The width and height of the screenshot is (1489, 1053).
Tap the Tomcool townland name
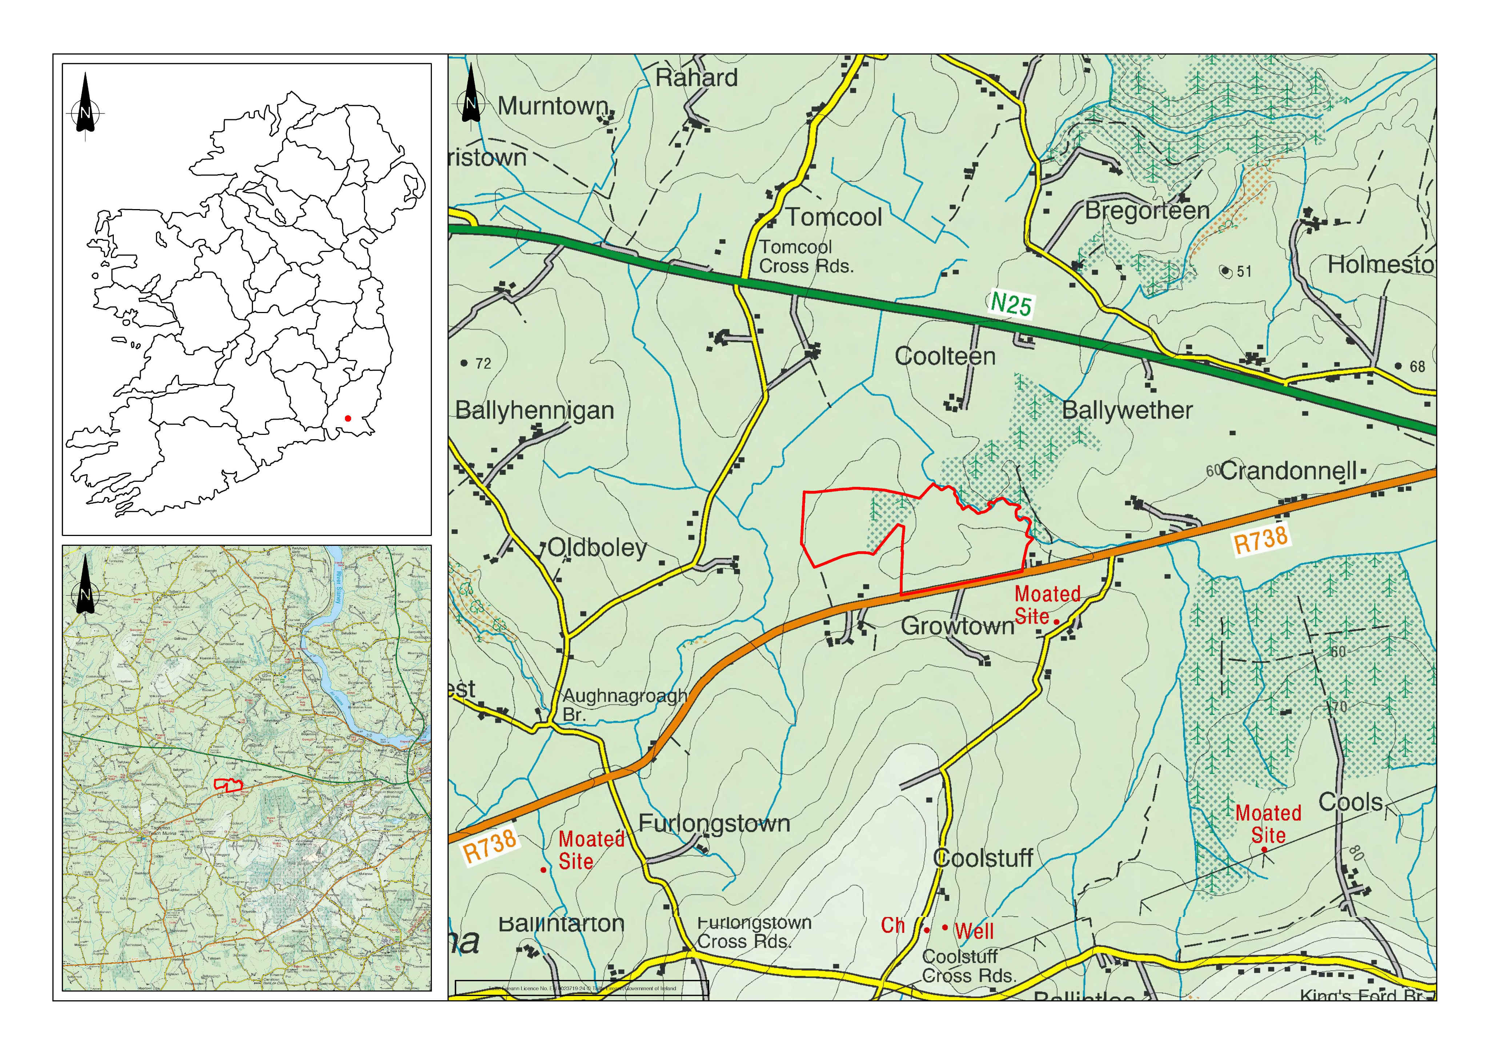coord(834,217)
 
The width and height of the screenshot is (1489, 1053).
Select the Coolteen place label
coord(945,356)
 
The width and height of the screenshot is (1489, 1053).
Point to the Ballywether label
coord(1127,410)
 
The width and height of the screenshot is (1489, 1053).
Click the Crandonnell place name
coord(1288,471)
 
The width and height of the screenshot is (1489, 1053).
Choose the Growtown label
coord(957,626)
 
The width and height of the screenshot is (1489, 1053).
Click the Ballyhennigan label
coord(534,411)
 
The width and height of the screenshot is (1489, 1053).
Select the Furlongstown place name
coord(714,823)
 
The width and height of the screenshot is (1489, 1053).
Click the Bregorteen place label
coord(1147,211)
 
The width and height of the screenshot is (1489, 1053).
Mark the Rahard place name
coord(697,78)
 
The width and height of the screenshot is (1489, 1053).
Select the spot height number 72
coord(483,363)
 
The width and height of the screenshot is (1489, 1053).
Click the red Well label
coord(974,931)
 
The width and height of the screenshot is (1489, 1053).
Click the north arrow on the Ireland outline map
coord(85,104)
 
